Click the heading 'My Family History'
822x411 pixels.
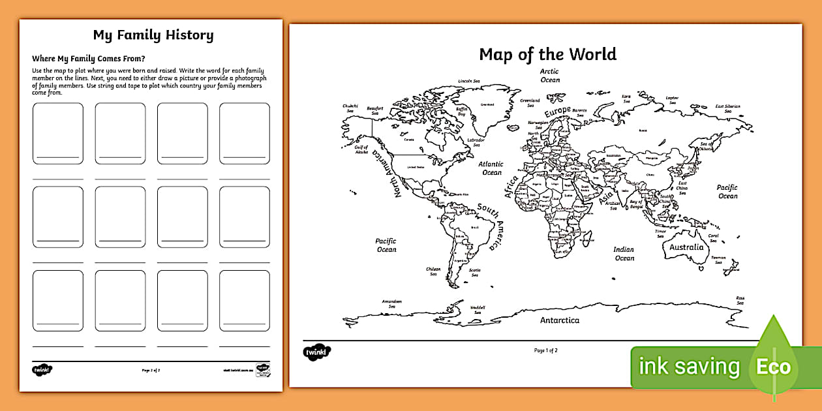coord(153,35)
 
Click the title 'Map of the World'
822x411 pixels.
coord(547,53)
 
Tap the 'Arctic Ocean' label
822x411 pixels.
coord(549,76)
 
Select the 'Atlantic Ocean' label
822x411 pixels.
coord(491,168)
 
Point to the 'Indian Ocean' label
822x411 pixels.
coord(624,253)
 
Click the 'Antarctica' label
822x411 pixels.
coord(559,320)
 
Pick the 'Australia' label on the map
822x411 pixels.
coord(686,247)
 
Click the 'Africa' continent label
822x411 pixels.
coord(511,186)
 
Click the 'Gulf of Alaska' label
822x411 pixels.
coord(361,151)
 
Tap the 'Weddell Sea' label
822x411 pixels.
coord(478,309)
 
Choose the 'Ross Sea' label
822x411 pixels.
coord(740,300)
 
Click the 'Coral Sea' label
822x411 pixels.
coord(713,237)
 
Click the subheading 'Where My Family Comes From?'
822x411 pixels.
coord(88,58)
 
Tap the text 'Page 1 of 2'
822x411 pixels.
coord(545,350)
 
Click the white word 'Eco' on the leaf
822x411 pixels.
coord(773,367)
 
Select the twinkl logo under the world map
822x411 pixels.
coord(317,352)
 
